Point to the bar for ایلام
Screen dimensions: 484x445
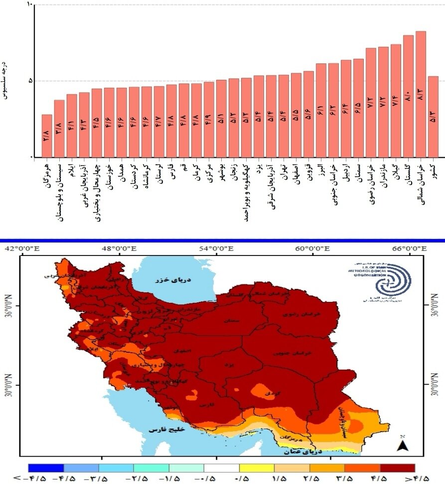pyautogui.click(x=72, y=125)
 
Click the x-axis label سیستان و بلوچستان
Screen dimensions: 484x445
pyautogui.click(x=59, y=192)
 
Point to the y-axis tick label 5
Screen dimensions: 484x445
pyautogui.click(x=28, y=81)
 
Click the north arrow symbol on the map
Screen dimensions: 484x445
pyautogui.click(x=403, y=444)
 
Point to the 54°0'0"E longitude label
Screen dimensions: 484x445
pyautogui.click(x=216, y=248)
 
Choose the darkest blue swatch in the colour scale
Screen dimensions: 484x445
pyautogui.click(x=46, y=468)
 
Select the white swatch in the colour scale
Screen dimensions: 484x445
pyautogui.click(x=221, y=468)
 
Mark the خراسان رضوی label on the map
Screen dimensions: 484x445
pyautogui.click(x=296, y=315)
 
